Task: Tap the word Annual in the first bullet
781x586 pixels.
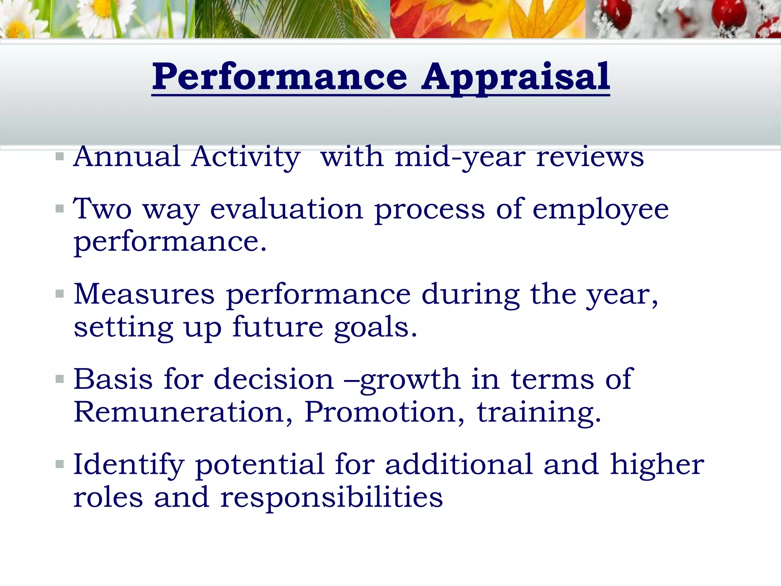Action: [127, 156]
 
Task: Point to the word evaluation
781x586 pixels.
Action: [287, 209]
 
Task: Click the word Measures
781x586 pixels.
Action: [144, 294]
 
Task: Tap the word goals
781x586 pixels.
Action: [375, 328]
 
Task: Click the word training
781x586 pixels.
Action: [538, 413]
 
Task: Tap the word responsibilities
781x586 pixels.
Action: [331, 497]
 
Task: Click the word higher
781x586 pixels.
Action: [657, 465]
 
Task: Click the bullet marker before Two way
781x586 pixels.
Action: [59, 209]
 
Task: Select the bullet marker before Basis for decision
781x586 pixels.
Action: [59, 379]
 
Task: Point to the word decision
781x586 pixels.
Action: [273, 380]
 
